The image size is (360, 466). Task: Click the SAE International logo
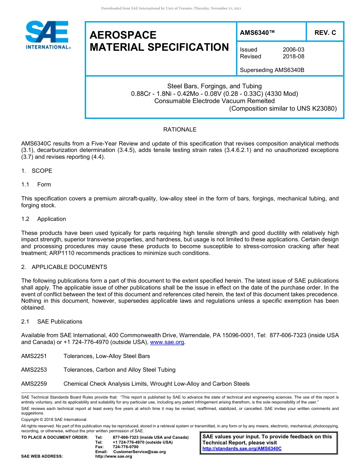[47, 35]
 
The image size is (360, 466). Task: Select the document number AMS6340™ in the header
[257, 33]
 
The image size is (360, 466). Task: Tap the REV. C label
[325, 33]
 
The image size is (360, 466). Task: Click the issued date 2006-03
[293, 50]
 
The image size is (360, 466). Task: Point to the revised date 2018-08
[293, 56]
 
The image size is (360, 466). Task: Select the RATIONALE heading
[180, 130]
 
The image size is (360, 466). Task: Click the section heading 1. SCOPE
[37, 171]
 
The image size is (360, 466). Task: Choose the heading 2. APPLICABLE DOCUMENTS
[64, 267]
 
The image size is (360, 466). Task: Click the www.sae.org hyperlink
[167, 342]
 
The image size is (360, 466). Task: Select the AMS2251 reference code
[34, 356]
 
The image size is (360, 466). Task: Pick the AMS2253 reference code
[34, 370]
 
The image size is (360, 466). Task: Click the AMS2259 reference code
[34, 384]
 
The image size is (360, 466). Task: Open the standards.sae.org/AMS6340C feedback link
[242, 449]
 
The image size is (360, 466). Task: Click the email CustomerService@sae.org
[139, 452]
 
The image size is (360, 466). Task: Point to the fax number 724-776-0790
[125, 447]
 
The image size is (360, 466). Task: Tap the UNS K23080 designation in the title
[316, 108]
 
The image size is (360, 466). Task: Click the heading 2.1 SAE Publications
[52, 322]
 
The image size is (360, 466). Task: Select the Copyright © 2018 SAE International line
[54, 419]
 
